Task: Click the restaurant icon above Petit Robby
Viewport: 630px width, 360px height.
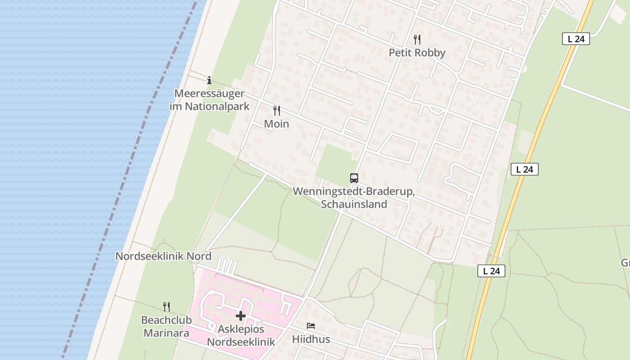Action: point(417,40)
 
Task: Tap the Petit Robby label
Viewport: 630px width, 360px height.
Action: point(417,53)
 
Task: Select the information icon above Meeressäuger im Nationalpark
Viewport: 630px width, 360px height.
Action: point(209,81)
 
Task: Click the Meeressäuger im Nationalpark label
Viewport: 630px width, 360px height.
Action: point(209,100)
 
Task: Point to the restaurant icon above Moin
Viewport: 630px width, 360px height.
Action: point(277,110)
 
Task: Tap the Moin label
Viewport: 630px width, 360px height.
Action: point(276,124)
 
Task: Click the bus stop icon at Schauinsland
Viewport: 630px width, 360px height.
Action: point(354,178)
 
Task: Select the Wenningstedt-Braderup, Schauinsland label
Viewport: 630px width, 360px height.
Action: point(354,198)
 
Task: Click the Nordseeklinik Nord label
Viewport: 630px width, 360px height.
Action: point(163,256)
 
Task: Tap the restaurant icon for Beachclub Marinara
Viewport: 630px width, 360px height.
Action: point(166,307)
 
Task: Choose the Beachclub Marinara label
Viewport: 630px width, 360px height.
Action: point(166,327)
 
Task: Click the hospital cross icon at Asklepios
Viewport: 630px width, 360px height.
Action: point(241,316)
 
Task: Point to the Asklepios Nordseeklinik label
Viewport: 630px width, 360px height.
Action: point(241,335)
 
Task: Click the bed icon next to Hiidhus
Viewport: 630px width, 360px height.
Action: point(311,326)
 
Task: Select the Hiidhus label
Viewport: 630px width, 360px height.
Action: point(311,339)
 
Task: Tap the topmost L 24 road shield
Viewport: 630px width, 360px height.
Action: point(576,39)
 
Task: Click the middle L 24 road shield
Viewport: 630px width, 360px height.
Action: point(525,169)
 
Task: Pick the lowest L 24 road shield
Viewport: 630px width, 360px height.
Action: point(491,271)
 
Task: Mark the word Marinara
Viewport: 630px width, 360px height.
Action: point(166,333)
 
